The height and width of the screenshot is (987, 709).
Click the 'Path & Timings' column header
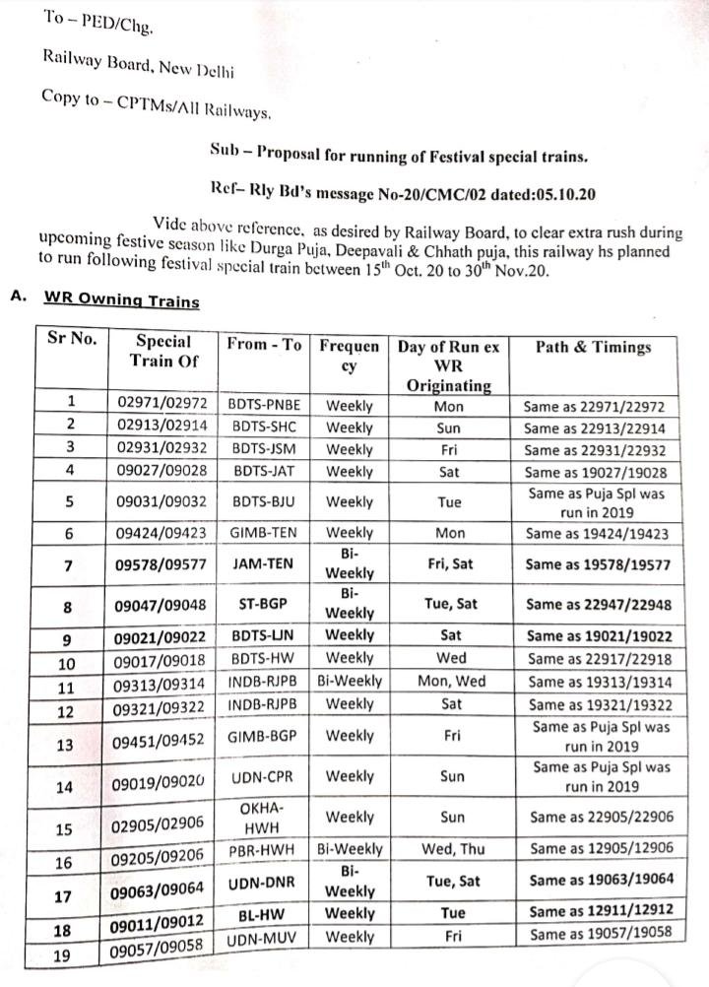[x=593, y=347]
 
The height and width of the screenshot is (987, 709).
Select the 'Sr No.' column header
[x=72, y=339]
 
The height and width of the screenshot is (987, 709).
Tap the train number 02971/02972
[x=161, y=405]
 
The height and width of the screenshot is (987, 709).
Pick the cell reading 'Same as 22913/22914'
[x=594, y=428]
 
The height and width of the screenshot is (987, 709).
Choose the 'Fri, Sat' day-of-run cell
[x=449, y=565]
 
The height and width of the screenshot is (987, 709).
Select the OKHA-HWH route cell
[x=262, y=817]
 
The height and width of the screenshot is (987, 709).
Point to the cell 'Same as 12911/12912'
[x=598, y=913]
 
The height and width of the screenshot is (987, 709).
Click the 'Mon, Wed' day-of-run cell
[x=449, y=682]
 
